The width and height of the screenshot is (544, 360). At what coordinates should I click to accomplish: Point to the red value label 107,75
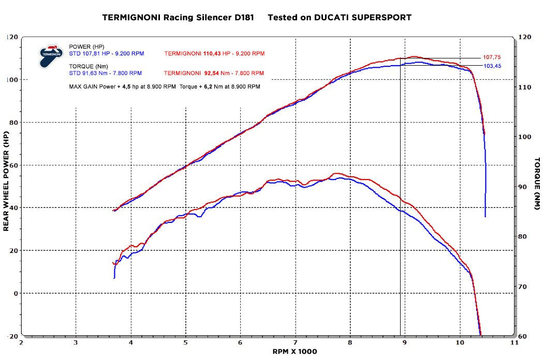[491, 57]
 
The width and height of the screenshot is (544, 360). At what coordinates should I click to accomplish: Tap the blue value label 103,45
[491, 66]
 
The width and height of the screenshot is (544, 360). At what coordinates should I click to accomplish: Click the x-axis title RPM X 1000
[295, 351]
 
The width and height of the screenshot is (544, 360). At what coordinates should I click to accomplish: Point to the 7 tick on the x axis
[295, 342]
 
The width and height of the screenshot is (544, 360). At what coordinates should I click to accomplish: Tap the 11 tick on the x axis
[514, 342]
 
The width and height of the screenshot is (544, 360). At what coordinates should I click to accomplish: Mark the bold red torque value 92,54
[214, 73]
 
